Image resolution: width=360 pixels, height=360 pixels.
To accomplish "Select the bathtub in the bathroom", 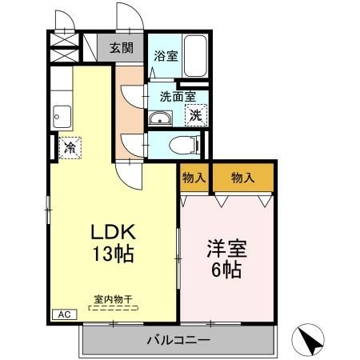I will click(x=194, y=57).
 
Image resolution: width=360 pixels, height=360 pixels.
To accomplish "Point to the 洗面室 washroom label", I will click(x=177, y=95).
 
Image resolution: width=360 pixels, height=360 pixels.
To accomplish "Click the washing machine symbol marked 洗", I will click(x=196, y=114).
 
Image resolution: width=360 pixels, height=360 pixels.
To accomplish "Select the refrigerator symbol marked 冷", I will click(x=70, y=147).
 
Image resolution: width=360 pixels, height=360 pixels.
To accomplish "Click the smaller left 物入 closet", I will click(x=194, y=178).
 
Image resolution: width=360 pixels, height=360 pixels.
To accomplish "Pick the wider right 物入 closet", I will click(x=242, y=178).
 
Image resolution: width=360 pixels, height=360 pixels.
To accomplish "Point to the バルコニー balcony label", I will click(x=178, y=340).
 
